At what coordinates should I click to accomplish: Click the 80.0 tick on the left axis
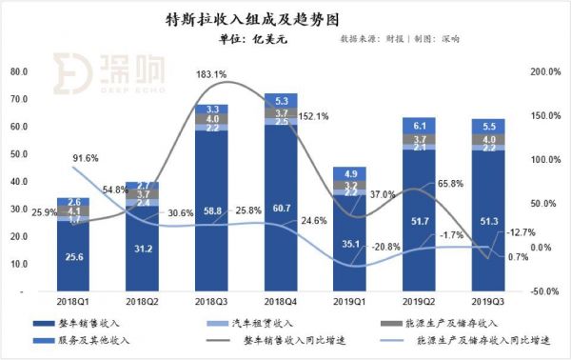tap(17, 71)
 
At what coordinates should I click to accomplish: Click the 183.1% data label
tap(210, 74)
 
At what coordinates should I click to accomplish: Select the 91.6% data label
tap(87, 158)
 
